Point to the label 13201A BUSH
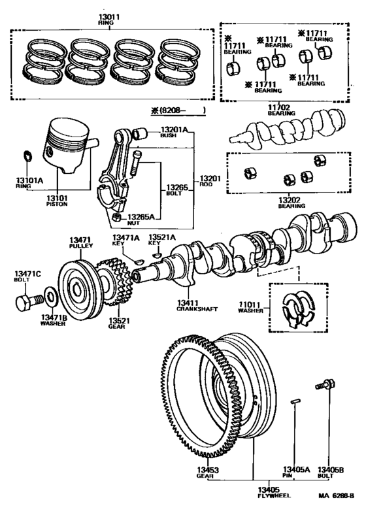(174, 133)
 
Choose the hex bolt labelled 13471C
(27, 303)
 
